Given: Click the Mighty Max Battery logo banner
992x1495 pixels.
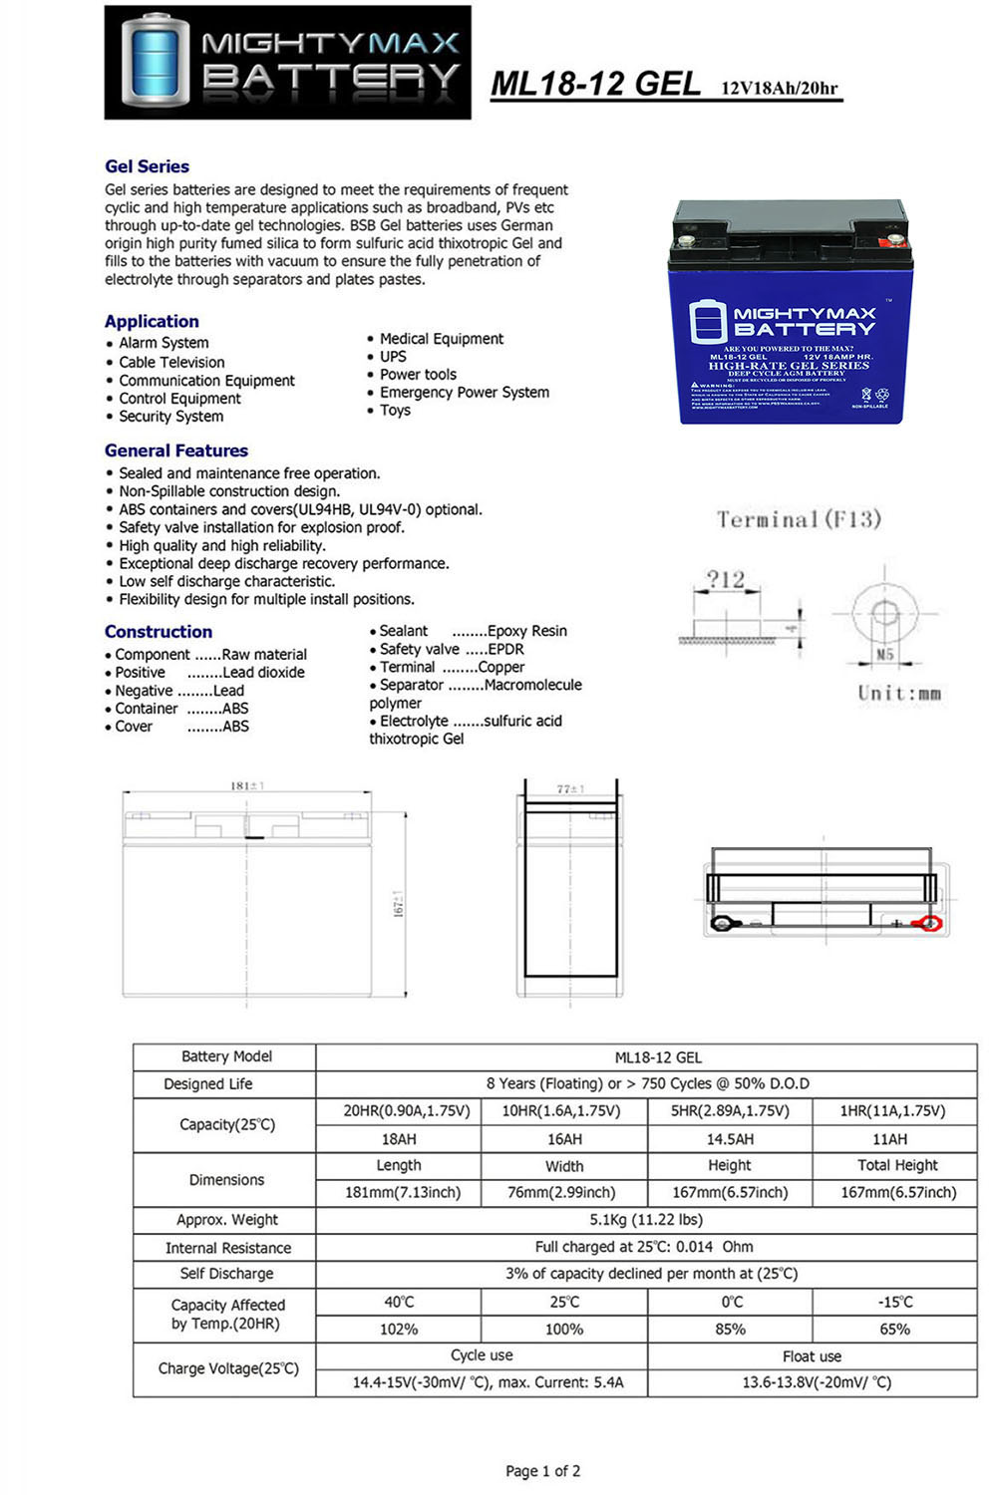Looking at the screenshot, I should pyautogui.click(x=287, y=62).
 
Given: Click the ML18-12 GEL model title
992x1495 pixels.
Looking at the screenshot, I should pyautogui.click(x=595, y=84).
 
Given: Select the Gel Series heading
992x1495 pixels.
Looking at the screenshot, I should pyautogui.click(x=147, y=166).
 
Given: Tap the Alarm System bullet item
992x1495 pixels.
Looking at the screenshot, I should pyautogui.click(x=164, y=343).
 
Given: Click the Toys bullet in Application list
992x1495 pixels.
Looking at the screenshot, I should pyautogui.click(x=395, y=411).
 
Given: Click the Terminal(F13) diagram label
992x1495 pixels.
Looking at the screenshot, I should pyautogui.click(x=799, y=519).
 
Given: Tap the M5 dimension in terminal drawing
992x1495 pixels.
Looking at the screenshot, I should pyautogui.click(x=884, y=655).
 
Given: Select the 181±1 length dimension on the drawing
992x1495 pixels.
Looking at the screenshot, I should pyautogui.click(x=247, y=786).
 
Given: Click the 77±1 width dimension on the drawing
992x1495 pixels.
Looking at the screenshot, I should pyautogui.click(x=569, y=789).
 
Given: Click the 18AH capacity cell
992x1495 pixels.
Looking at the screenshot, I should pyautogui.click(x=399, y=1139).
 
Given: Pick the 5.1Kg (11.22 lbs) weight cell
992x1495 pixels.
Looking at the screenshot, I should pyautogui.click(x=646, y=1220).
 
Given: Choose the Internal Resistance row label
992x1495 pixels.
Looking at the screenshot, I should pyautogui.click(x=228, y=1248).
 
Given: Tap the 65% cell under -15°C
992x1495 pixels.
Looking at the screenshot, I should pyautogui.click(x=894, y=1330).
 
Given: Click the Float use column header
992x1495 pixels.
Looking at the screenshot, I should pyautogui.click(x=812, y=1356).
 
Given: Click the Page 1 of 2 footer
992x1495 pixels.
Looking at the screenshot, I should pyautogui.click(x=542, y=1471).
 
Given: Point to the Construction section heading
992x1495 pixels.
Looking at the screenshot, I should pyautogui.click(x=159, y=632).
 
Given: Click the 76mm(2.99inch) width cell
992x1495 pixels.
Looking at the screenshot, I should pyautogui.click(x=564, y=1193).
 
